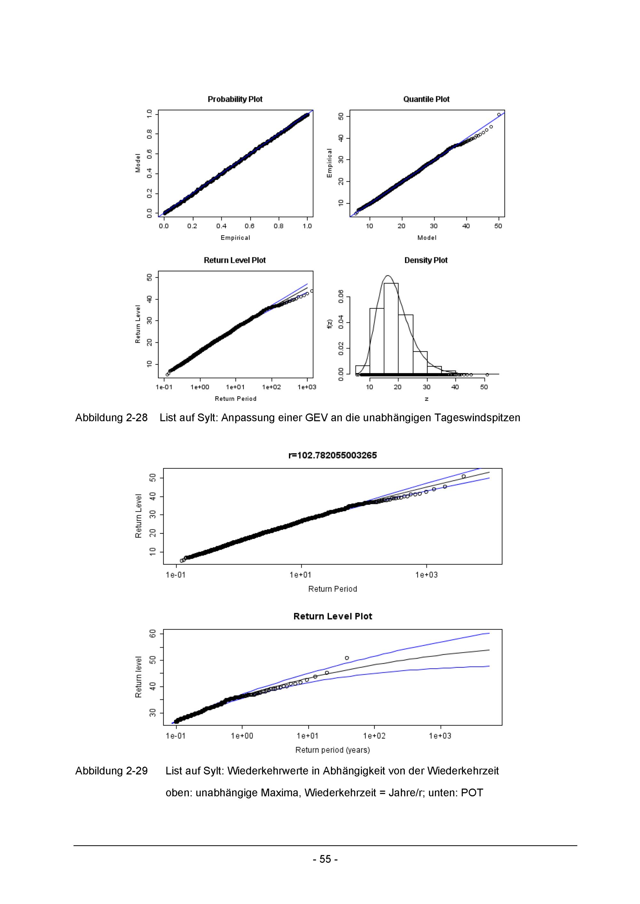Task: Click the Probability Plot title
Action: click(x=235, y=99)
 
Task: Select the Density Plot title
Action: click(x=426, y=260)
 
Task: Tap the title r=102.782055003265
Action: click(x=332, y=456)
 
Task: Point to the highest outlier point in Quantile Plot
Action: click(x=499, y=114)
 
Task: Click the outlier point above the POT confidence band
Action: click(x=347, y=658)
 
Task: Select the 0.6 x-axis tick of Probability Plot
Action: click(x=250, y=226)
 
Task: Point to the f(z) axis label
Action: click(x=330, y=323)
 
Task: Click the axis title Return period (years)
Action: click(x=332, y=750)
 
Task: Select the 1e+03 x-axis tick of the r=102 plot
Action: click(x=427, y=575)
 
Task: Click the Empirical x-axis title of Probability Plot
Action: click(x=235, y=238)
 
